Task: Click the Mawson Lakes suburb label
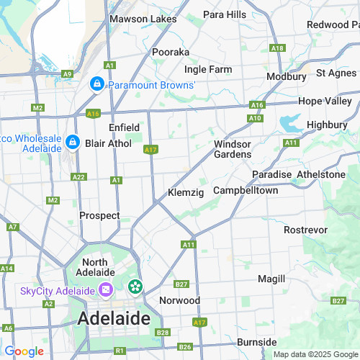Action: [x=142, y=19]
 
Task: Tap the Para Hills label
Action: [x=224, y=14]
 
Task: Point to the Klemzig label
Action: [x=186, y=193]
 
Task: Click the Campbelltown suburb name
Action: [x=245, y=192]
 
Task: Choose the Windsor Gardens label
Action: [x=233, y=149]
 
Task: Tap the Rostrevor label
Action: [x=305, y=230]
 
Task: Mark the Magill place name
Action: [x=271, y=279]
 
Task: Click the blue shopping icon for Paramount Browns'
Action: [x=96, y=85]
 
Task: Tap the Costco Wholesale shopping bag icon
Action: [x=72, y=142]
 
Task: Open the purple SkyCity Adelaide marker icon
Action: [x=106, y=290]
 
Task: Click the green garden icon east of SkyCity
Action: [x=135, y=287]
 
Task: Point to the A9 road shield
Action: [x=67, y=73]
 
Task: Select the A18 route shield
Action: [x=277, y=48]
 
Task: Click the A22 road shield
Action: [x=79, y=177]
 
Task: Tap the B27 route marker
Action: [x=181, y=284]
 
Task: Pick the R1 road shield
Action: [x=119, y=351]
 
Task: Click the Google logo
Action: [x=24, y=351]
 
